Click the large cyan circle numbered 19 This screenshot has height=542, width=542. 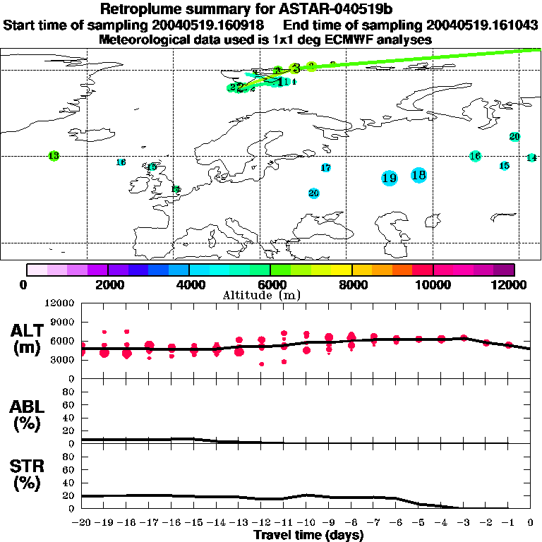pyautogui.click(x=389, y=179)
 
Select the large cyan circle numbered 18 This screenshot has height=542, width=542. pyautogui.click(x=418, y=175)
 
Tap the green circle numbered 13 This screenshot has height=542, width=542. pyautogui.click(x=54, y=155)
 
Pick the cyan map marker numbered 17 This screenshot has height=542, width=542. pyautogui.click(x=325, y=168)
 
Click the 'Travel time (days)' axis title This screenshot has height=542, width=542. pyautogui.click(x=308, y=535)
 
